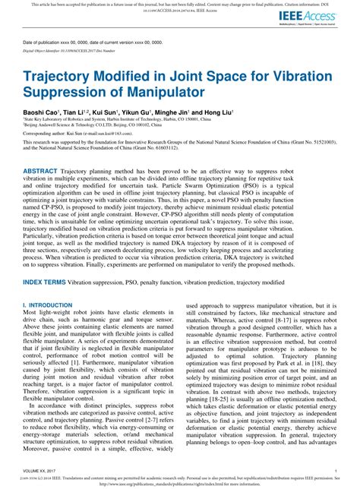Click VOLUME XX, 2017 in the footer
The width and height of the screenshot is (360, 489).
coord(41,470)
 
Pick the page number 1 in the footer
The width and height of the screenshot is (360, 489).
coord(336,470)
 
